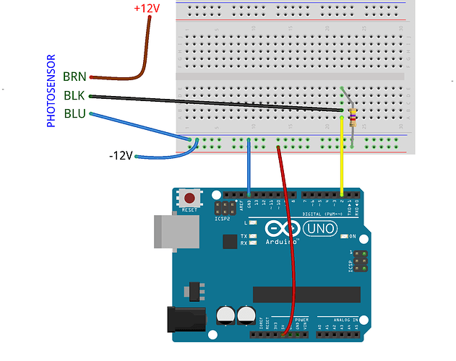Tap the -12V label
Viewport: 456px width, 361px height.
[x=121, y=155]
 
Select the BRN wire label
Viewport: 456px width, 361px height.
[x=74, y=76]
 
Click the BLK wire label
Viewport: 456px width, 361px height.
[x=74, y=95]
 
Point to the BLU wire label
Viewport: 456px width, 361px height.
[x=74, y=113]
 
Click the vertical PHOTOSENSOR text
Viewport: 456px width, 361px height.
[x=51, y=91]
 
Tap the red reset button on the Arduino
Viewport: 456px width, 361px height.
[x=190, y=198]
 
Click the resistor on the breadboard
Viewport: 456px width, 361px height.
[x=352, y=118]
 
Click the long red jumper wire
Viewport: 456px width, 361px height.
[x=288, y=238]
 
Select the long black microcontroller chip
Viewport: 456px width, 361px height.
[x=306, y=295]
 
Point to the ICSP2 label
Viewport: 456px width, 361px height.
[x=223, y=217]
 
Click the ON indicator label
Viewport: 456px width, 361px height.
[x=353, y=236]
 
